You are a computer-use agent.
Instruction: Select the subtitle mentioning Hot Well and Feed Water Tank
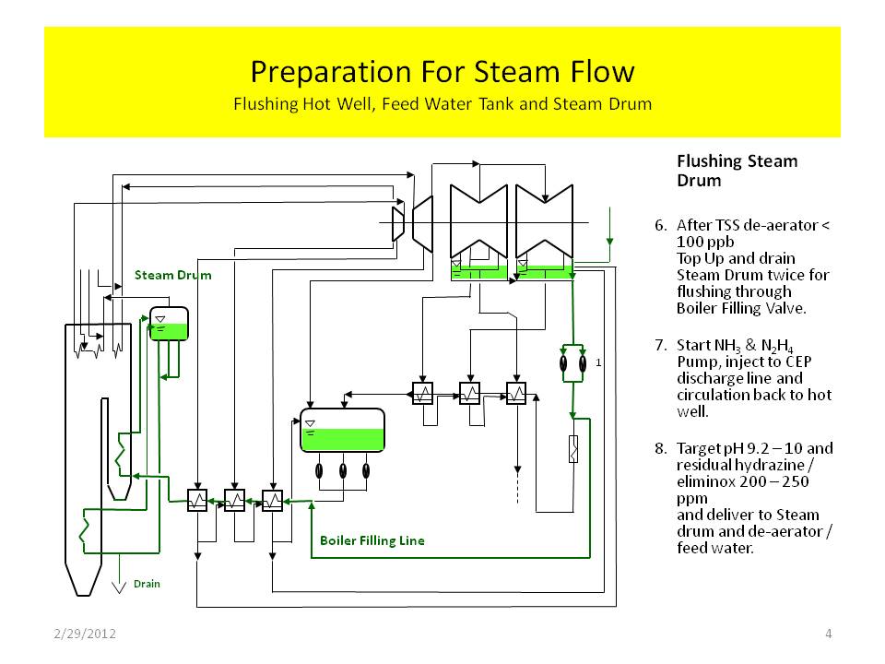coord(442,102)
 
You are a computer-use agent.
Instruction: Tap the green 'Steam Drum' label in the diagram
coord(172,275)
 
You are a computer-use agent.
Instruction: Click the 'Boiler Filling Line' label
coord(372,540)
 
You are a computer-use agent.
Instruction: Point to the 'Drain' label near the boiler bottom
coord(147,584)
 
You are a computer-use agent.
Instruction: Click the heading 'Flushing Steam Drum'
coord(737,171)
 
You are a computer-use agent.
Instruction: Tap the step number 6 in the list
coord(659,225)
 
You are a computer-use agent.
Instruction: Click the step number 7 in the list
coord(659,345)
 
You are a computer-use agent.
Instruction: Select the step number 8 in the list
coord(659,449)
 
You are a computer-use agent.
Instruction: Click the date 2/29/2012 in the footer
coord(84,634)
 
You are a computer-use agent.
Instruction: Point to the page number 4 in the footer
coord(829,634)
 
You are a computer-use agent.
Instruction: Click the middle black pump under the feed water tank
coord(343,470)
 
